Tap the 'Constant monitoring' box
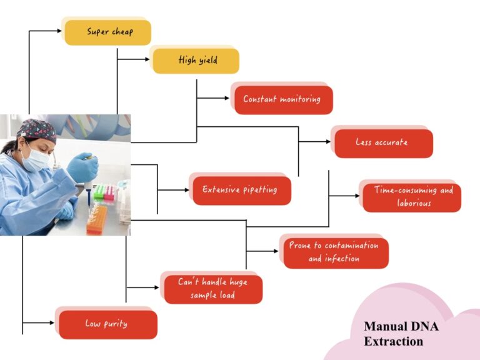(283, 99)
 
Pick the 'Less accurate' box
(383, 143)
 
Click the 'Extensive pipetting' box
(241, 190)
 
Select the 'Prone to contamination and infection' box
(335, 252)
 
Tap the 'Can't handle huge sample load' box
(212, 289)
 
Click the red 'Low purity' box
(107, 324)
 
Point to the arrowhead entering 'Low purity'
(52, 323)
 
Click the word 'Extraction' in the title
(393, 342)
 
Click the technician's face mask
(36, 158)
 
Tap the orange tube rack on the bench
(97, 219)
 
